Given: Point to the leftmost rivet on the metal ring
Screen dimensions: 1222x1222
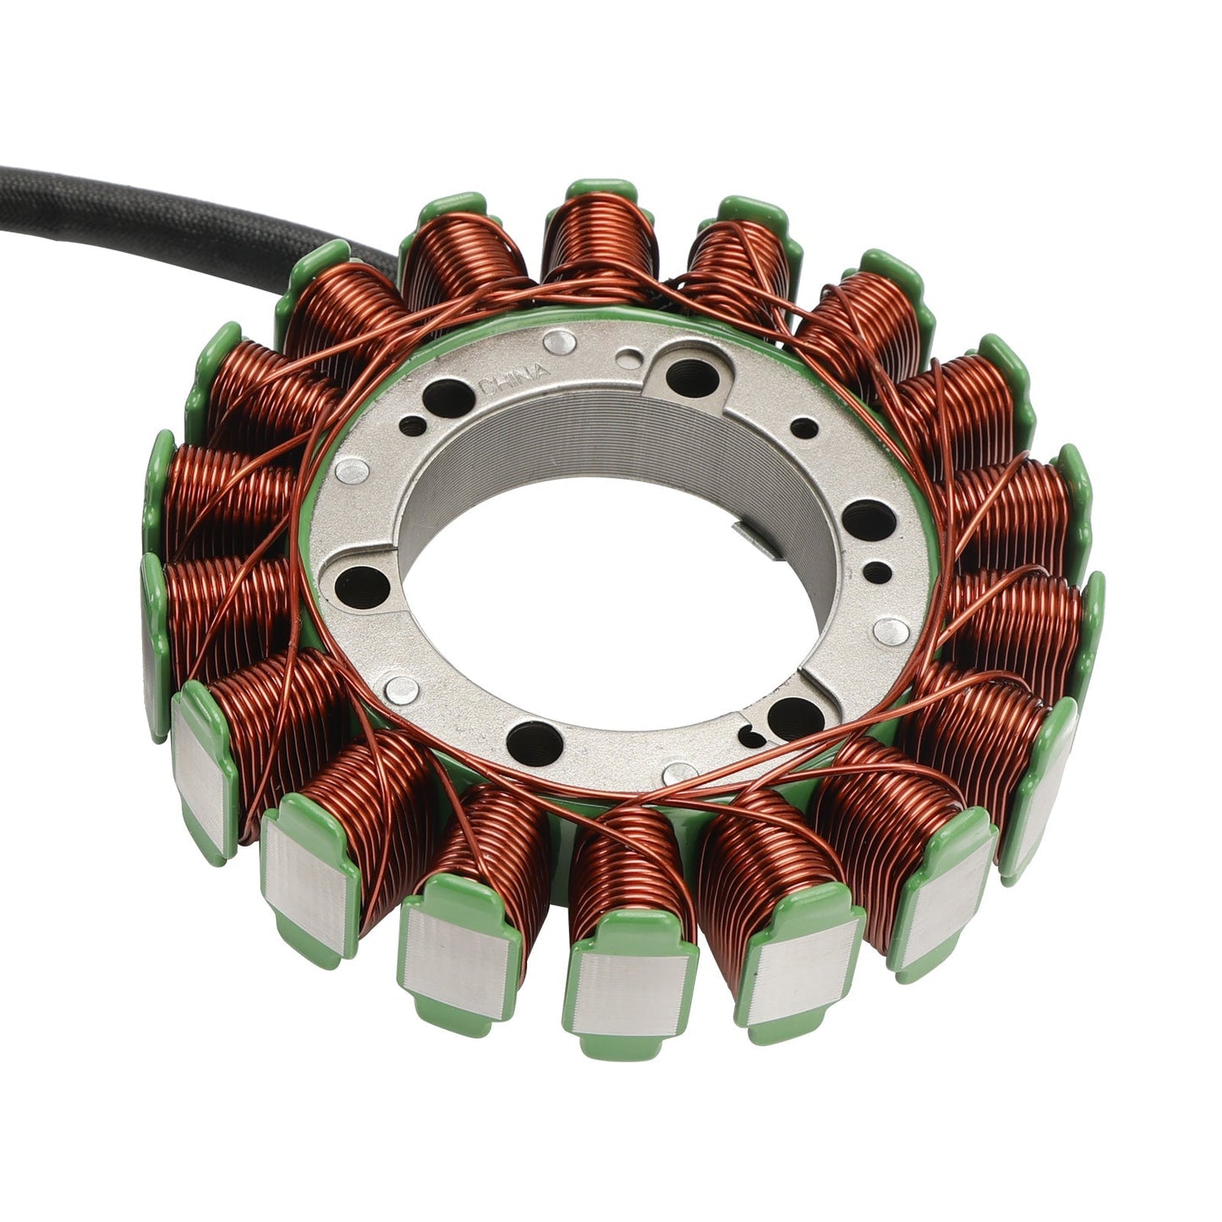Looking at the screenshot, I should [351, 471].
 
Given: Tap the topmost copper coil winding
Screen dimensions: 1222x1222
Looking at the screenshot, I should [596, 237].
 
